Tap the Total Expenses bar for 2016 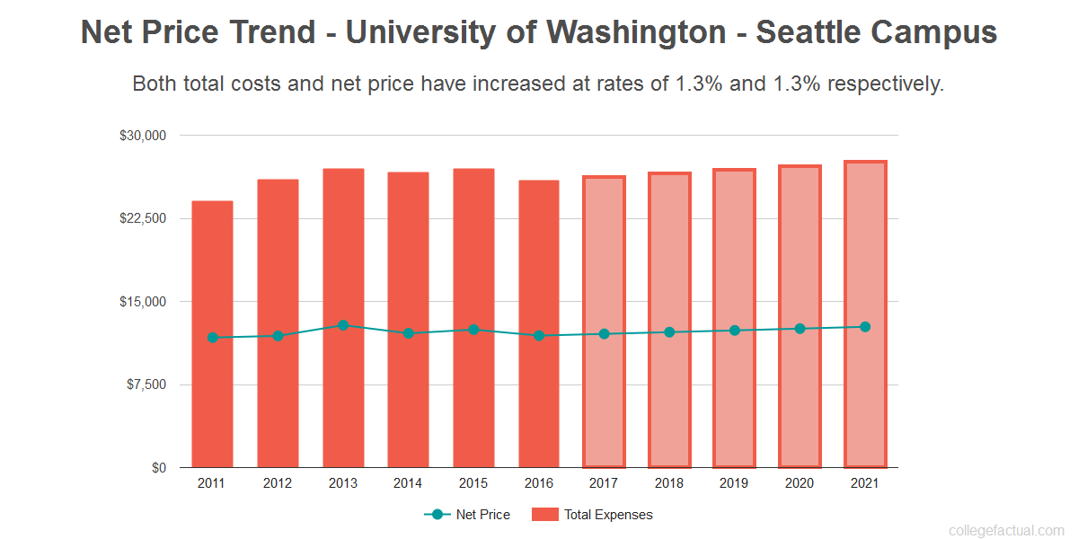539,404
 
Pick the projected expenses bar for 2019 735,404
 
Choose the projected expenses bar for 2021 865,404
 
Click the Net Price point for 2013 343,325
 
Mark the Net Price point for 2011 213,338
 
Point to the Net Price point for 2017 604,334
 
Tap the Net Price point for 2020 800,329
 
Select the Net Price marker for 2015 473,330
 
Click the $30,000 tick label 143,136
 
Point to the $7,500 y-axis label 146,384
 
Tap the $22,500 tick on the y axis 143,218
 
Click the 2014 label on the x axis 408,483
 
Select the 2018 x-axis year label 669,483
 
